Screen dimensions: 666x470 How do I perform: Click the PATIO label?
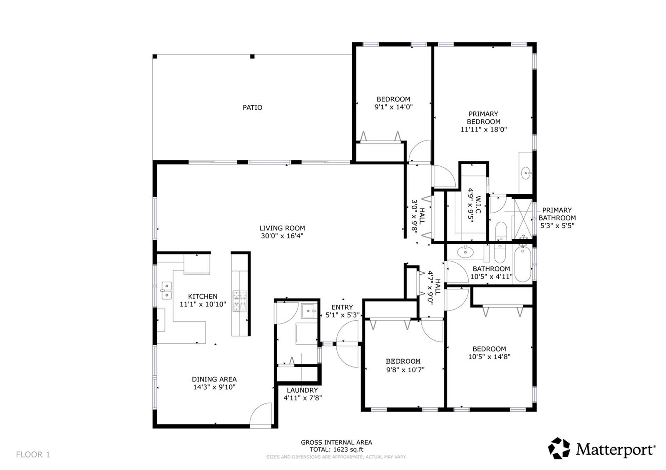252,108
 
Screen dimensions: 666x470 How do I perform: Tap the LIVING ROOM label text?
282,228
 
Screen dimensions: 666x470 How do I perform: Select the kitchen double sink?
166,291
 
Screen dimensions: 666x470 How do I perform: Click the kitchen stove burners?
240,301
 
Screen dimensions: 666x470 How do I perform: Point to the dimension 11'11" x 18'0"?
483,129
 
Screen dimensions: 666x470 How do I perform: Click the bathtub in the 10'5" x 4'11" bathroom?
523,264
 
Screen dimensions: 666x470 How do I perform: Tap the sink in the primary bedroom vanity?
526,173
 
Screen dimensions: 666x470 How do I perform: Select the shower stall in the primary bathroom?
523,219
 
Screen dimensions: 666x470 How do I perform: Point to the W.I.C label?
478,204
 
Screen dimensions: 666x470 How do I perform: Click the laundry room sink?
309,311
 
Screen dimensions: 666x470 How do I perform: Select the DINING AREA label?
214,379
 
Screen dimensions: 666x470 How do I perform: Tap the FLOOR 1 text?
33,455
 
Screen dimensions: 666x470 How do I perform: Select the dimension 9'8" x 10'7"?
405,370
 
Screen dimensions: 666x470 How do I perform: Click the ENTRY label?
342,307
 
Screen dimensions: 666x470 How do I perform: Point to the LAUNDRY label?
302,390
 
